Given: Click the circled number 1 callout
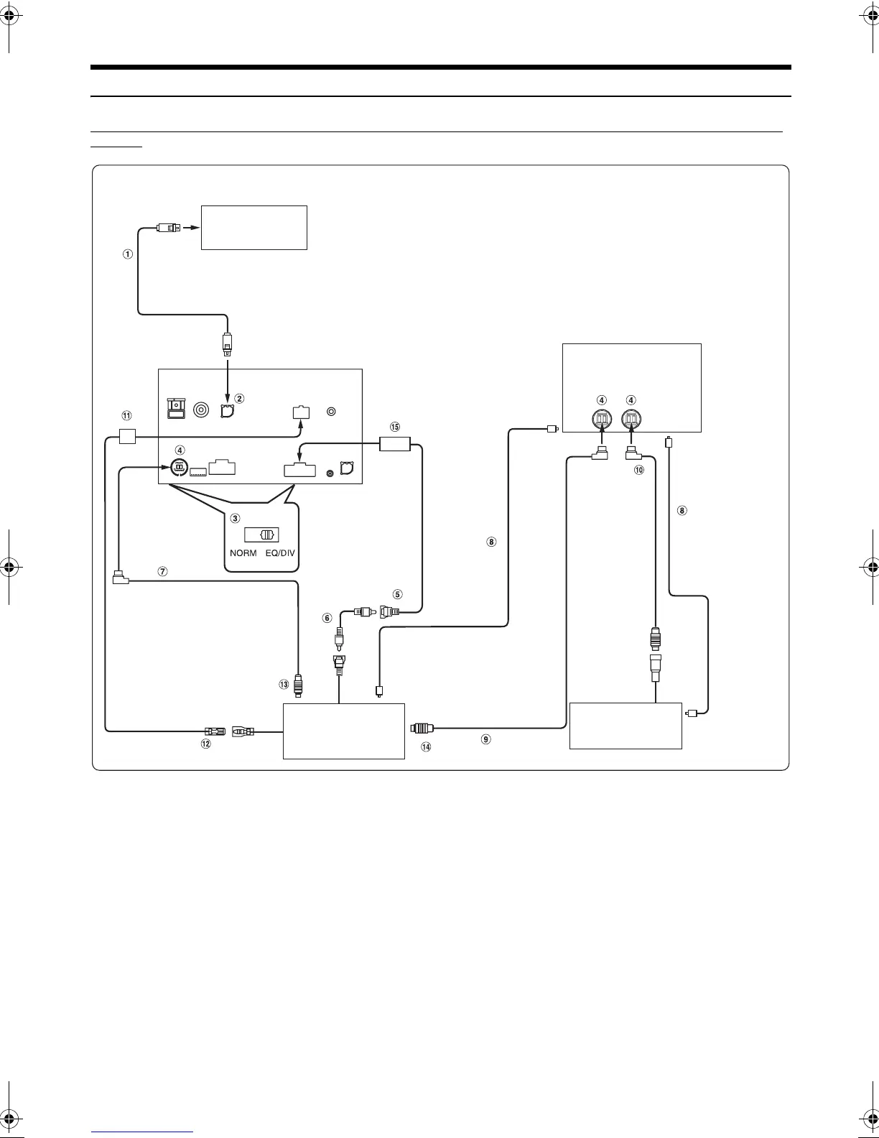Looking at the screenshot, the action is (x=128, y=254).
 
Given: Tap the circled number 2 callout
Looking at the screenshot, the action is (x=240, y=398).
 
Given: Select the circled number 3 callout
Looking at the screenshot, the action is (x=234, y=517).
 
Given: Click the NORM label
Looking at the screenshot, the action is (x=243, y=553).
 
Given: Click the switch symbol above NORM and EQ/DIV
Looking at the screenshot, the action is (x=262, y=535).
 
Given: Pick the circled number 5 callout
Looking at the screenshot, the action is (x=397, y=594).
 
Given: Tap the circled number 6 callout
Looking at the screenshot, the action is (x=327, y=618).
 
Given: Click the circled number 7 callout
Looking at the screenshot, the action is (x=163, y=572).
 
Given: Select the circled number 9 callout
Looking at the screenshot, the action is (x=486, y=739).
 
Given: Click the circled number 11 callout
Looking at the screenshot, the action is (x=126, y=415).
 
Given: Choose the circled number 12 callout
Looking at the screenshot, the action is (x=205, y=744).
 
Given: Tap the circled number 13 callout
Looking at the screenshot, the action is (x=284, y=685).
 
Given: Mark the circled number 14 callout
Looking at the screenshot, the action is (x=426, y=747).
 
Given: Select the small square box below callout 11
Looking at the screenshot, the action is (x=127, y=435).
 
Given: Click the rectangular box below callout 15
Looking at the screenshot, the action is (x=394, y=444).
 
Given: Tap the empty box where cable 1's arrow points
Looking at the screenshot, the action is (x=254, y=228).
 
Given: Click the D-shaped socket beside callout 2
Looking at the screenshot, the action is (x=227, y=412).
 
